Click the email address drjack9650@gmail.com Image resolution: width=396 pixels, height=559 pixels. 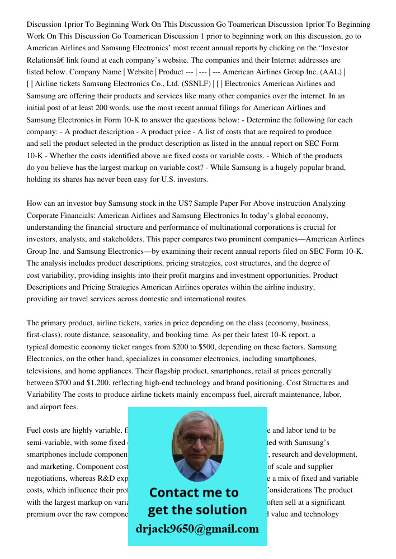(197, 529)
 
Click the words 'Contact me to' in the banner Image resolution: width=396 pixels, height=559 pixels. (194, 492)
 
